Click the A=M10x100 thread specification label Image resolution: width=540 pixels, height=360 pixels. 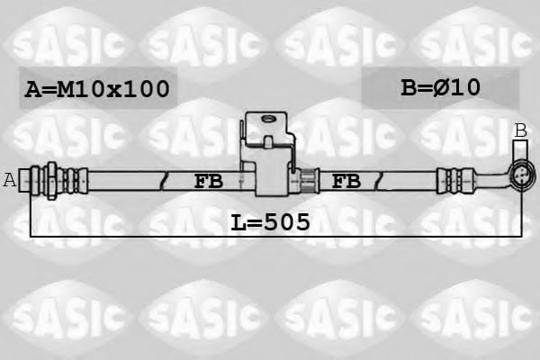[x=96, y=88]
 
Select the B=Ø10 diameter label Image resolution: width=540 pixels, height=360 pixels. [x=439, y=87]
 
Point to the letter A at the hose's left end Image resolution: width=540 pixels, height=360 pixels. [x=10, y=180]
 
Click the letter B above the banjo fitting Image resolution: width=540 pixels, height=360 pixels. [x=520, y=131]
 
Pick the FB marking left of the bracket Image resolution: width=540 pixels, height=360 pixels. [x=208, y=181]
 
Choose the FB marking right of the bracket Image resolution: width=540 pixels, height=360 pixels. [x=346, y=181]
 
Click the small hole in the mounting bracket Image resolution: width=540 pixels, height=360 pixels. [x=266, y=119]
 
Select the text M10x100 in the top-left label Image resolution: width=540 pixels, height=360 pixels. [x=112, y=88]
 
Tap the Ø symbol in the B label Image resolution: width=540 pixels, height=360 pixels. [x=449, y=87]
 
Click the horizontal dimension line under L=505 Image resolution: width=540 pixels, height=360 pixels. [x=135, y=236]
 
